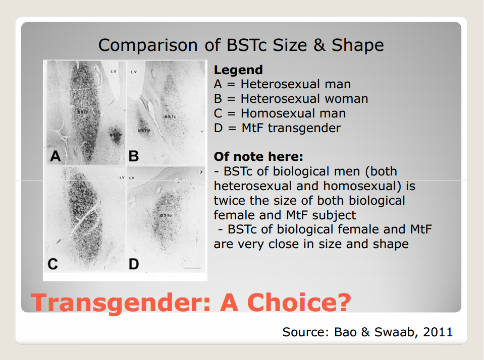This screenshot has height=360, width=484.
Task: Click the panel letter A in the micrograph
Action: point(55,156)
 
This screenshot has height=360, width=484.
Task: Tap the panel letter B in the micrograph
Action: point(134,156)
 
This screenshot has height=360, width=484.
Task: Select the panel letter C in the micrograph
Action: point(53,264)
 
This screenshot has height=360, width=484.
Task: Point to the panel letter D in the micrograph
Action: point(134,264)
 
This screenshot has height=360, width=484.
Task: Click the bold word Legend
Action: point(238,70)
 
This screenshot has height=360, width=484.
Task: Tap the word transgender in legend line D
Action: point(304,128)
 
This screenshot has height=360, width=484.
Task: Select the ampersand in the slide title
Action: point(319,45)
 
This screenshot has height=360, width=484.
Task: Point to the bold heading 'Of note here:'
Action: point(258,157)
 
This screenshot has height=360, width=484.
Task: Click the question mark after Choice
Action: point(344,303)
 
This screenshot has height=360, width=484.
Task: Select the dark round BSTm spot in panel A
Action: point(117,135)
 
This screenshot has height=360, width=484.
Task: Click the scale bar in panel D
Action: point(192,267)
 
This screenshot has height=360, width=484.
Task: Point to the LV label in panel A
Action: point(114,72)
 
